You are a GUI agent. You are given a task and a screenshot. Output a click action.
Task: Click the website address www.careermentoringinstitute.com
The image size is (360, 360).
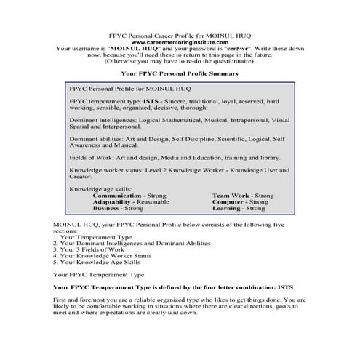point(180,42)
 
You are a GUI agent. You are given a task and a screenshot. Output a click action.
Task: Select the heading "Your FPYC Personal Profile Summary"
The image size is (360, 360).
point(180,73)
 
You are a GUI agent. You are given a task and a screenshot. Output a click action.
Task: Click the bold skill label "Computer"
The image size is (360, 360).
point(230,201)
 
